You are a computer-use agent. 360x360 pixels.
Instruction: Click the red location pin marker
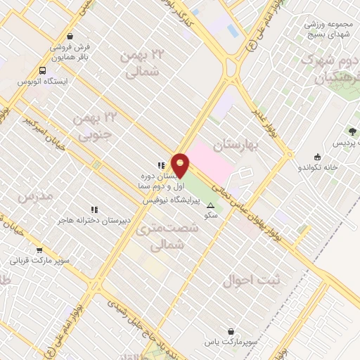(x=180, y=166)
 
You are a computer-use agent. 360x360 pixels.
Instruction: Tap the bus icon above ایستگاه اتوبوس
(x=44, y=70)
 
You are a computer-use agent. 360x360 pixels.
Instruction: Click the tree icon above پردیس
(x=352, y=131)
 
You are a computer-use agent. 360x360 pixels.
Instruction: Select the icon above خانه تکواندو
(x=318, y=157)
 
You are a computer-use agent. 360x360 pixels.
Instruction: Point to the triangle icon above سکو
(x=211, y=205)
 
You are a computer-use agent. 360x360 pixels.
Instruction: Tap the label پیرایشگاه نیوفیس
(x=169, y=200)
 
